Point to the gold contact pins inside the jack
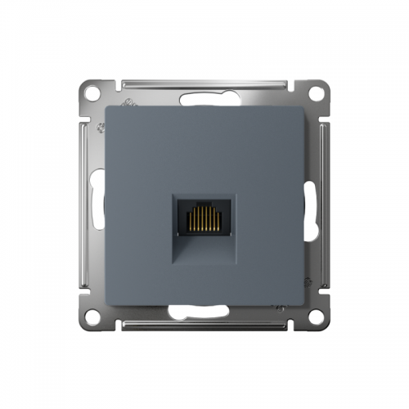204,218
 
